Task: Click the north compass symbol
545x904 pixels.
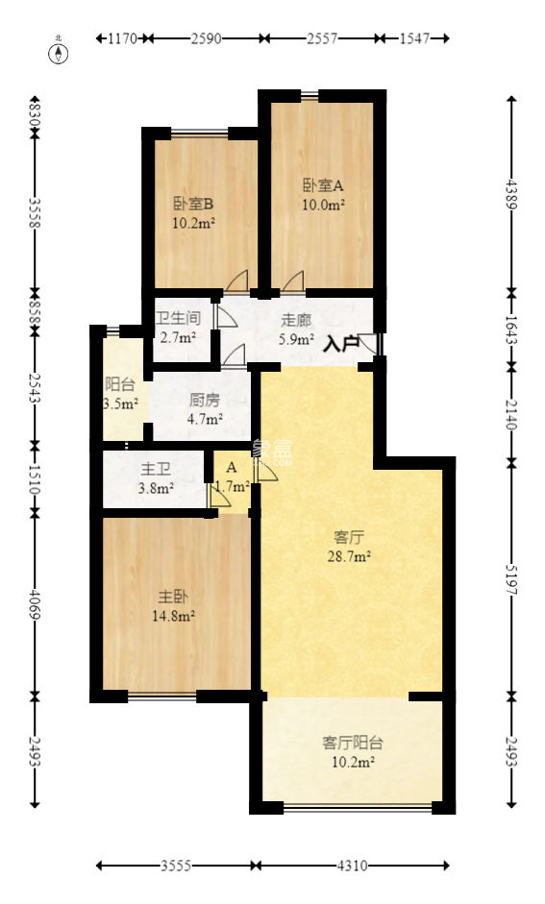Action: (x=59, y=51)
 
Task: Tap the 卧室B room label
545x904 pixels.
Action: (x=193, y=204)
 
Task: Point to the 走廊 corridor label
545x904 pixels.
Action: (x=296, y=320)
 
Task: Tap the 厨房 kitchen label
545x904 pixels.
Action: (x=205, y=401)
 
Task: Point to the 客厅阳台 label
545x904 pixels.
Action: (x=353, y=742)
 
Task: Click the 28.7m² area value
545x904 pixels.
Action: (x=352, y=555)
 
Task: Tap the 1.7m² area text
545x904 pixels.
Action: (x=232, y=487)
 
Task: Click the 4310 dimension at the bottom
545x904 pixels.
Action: (x=352, y=866)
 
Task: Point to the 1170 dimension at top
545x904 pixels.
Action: (x=122, y=39)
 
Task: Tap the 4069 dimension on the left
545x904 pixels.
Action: (x=36, y=599)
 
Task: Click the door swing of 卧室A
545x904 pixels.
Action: (x=293, y=281)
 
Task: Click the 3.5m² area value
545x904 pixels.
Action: (x=121, y=404)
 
